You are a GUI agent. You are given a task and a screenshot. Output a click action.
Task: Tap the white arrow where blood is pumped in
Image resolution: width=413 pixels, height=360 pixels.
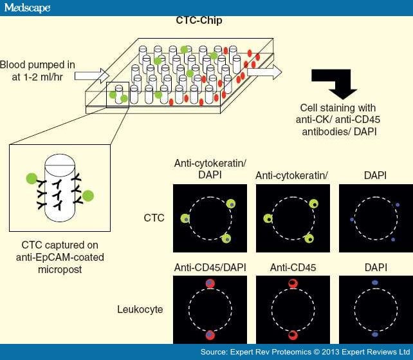pos(89,76)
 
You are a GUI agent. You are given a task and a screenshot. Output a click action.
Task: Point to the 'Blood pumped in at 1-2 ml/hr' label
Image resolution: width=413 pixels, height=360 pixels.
pos(37,71)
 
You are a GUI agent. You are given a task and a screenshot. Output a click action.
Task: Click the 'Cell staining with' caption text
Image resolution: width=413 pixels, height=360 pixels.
pos(338,107)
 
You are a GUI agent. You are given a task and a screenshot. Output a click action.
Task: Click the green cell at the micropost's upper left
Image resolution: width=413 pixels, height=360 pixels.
pos(32,178)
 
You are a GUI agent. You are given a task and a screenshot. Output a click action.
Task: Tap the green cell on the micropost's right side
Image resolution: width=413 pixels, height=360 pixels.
pos(87,195)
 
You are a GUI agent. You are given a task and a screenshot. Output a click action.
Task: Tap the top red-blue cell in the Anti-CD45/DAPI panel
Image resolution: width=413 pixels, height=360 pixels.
pos(210,283)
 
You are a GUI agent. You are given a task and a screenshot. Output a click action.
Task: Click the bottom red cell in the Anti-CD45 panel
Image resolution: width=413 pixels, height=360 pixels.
pos(293,335)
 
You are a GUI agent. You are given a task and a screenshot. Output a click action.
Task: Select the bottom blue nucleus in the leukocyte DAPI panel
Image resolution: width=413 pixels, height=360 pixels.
pos(375,335)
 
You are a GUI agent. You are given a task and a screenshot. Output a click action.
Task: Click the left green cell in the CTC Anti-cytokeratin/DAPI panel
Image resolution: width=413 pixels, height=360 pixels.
pos(186,219)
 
